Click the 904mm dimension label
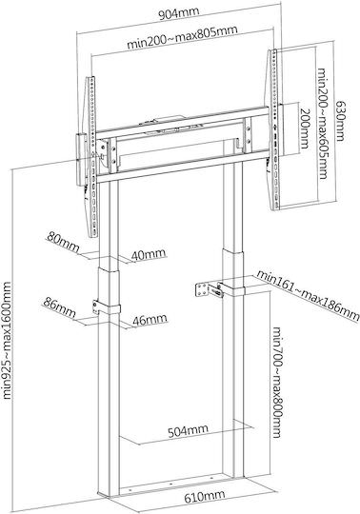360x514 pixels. tap(179, 13)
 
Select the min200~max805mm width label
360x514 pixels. tap(182, 37)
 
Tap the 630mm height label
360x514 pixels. tap(340, 121)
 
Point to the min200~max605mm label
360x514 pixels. tap(322, 123)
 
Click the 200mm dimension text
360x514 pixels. tap(305, 128)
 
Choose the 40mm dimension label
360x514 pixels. tap(149, 254)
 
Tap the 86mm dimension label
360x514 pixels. tap(59, 306)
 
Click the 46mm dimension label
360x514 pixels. tap(150, 319)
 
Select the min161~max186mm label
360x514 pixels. tap(308, 294)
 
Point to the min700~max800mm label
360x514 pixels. tap(277, 383)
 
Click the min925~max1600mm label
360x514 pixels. tap(7, 340)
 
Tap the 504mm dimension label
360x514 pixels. tap(188, 430)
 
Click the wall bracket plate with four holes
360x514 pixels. tap(202, 289)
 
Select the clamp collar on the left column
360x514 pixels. tap(107, 308)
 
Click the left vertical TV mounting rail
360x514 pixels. tap(91, 157)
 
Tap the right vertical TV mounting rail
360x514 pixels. tap(274, 129)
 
